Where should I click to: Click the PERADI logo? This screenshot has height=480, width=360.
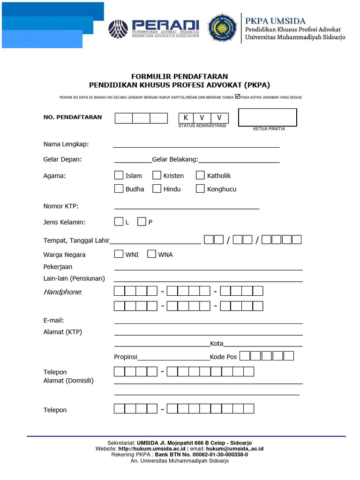[x=154, y=29]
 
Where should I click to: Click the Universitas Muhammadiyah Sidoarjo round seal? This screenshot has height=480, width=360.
[x=222, y=27]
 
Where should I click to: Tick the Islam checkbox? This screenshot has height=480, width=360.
[x=119, y=175]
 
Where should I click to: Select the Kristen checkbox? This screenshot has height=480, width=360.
[x=157, y=175]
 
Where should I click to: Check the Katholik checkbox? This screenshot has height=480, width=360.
[x=200, y=175]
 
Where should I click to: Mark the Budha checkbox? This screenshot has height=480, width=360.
[x=119, y=189]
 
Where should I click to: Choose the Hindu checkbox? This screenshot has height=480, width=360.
[x=157, y=189]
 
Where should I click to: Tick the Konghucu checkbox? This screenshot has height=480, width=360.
[x=200, y=189]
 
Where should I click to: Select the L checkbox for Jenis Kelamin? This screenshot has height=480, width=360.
[x=119, y=222]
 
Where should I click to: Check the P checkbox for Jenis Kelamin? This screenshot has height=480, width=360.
[x=142, y=222]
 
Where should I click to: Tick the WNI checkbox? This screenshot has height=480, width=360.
[x=119, y=254]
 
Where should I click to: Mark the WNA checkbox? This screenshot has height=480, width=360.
[x=151, y=254]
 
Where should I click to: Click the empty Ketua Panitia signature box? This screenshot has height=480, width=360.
[x=267, y=117]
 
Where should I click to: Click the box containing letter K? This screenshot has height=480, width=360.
[x=186, y=118]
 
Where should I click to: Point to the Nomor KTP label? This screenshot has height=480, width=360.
[x=61, y=206]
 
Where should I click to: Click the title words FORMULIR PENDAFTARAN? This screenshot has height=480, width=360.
[x=180, y=76]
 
